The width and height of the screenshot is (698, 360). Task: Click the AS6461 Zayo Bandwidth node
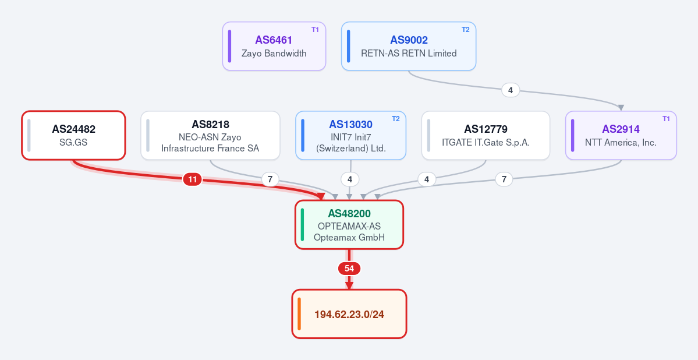tap(274, 47)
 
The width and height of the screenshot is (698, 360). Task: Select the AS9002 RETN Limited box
tap(409, 47)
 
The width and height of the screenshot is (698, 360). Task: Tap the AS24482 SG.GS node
tap(73, 136)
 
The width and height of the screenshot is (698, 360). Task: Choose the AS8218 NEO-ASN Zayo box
tap(211, 136)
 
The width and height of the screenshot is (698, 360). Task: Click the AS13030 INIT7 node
tap(351, 136)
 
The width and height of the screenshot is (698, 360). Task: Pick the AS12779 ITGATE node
tap(486, 136)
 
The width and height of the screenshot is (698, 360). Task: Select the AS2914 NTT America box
tap(621, 136)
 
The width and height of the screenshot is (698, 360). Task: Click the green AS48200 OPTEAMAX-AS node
tap(349, 224)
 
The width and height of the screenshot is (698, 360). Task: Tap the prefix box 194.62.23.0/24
tap(349, 314)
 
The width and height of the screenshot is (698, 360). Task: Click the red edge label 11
tap(192, 179)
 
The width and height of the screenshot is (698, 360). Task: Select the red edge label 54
tap(349, 269)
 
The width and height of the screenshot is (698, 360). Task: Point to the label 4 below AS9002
tap(511, 90)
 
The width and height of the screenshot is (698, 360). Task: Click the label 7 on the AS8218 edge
tap(270, 179)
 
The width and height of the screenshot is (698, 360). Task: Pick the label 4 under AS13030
tap(350, 179)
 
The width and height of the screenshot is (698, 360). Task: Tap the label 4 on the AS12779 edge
tap(427, 179)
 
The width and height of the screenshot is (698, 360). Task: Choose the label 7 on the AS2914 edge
tap(504, 179)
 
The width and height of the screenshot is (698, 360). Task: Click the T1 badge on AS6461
tap(315, 30)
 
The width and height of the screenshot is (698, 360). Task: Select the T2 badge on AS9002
tap(466, 30)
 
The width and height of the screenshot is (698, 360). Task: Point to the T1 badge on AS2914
tap(666, 119)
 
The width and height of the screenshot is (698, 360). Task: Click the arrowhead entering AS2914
tap(621, 108)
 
